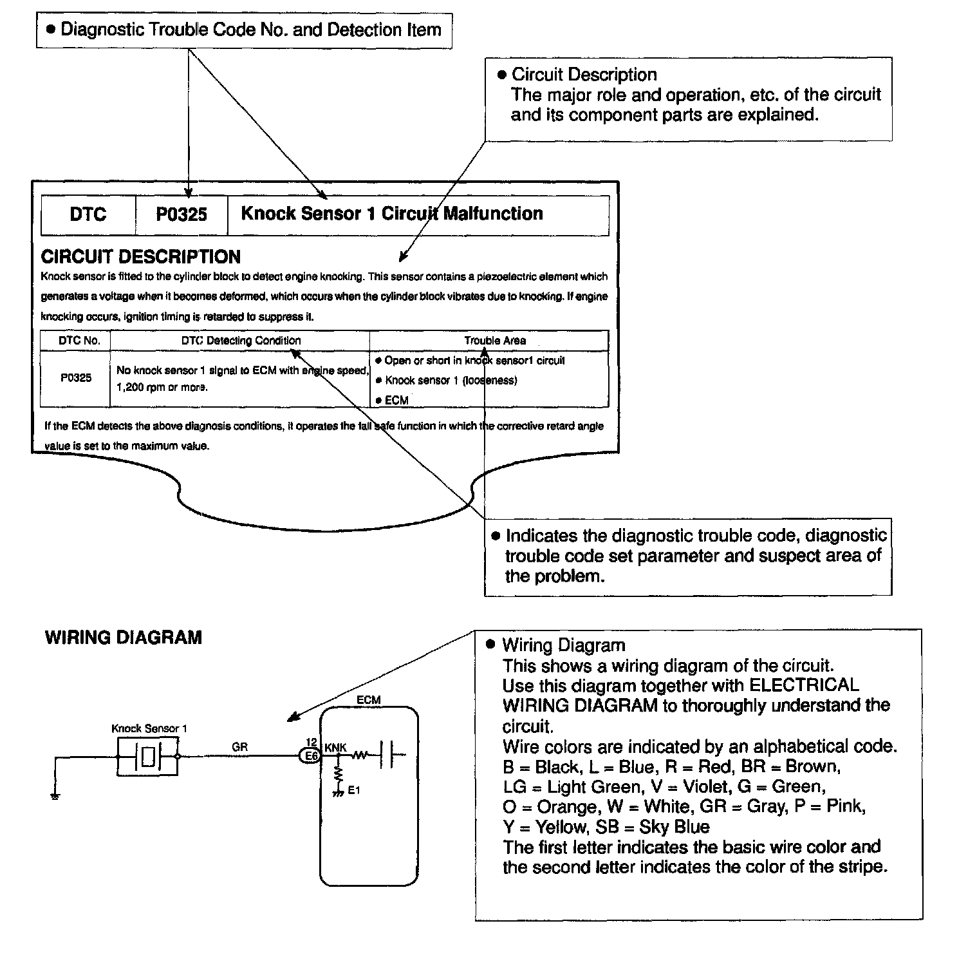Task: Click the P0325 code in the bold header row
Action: (181, 214)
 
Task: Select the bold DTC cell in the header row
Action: (88, 214)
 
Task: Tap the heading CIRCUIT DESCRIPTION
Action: (140, 257)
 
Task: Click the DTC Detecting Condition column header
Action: (241, 341)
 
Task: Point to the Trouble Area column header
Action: (495, 341)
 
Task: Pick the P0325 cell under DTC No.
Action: (76, 378)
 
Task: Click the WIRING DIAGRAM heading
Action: (124, 638)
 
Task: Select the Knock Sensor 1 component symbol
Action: (148, 756)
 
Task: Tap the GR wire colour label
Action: (239, 747)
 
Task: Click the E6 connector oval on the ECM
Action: (311, 756)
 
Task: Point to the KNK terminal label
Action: (335, 747)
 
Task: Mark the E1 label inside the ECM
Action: (353, 790)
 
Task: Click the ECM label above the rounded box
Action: (368, 700)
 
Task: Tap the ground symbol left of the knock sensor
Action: (55, 797)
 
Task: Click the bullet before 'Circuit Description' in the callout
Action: (503, 75)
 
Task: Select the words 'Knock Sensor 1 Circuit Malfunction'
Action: (392, 214)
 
